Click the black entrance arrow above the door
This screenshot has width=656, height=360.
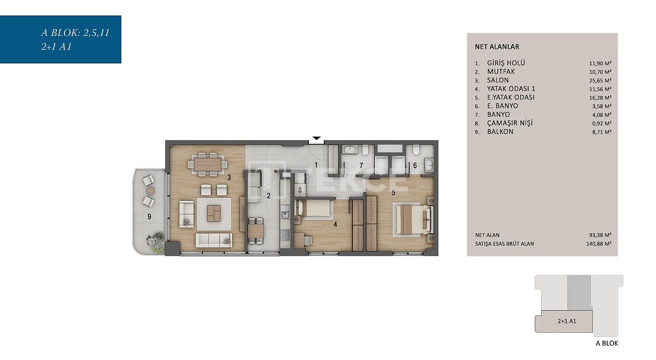(317, 138)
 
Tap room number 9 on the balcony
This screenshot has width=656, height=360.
(149, 217)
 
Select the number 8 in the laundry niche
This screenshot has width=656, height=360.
(300, 190)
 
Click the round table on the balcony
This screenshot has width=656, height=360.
(150, 191)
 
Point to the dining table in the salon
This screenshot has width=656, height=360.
(208, 164)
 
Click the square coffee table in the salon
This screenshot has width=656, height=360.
(214, 213)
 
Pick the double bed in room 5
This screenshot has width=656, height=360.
(413, 219)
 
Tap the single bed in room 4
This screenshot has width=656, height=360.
(315, 210)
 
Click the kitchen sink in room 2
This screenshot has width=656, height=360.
(285, 215)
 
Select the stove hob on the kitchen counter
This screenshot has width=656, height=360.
(285, 235)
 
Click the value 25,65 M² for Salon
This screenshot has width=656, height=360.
(600, 80)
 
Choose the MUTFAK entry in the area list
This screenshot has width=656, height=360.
(501, 71)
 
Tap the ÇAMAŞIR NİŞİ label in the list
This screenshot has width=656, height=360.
(510, 123)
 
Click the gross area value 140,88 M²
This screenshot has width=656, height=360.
(599, 244)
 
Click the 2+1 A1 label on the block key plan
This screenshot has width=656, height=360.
(567, 321)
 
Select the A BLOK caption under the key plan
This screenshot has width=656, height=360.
(607, 344)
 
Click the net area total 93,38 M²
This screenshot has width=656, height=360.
(600, 235)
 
